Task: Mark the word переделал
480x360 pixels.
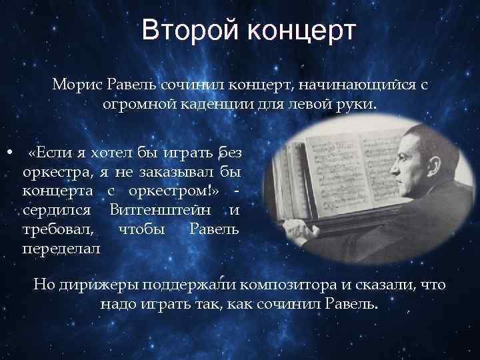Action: coord(61,249)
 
